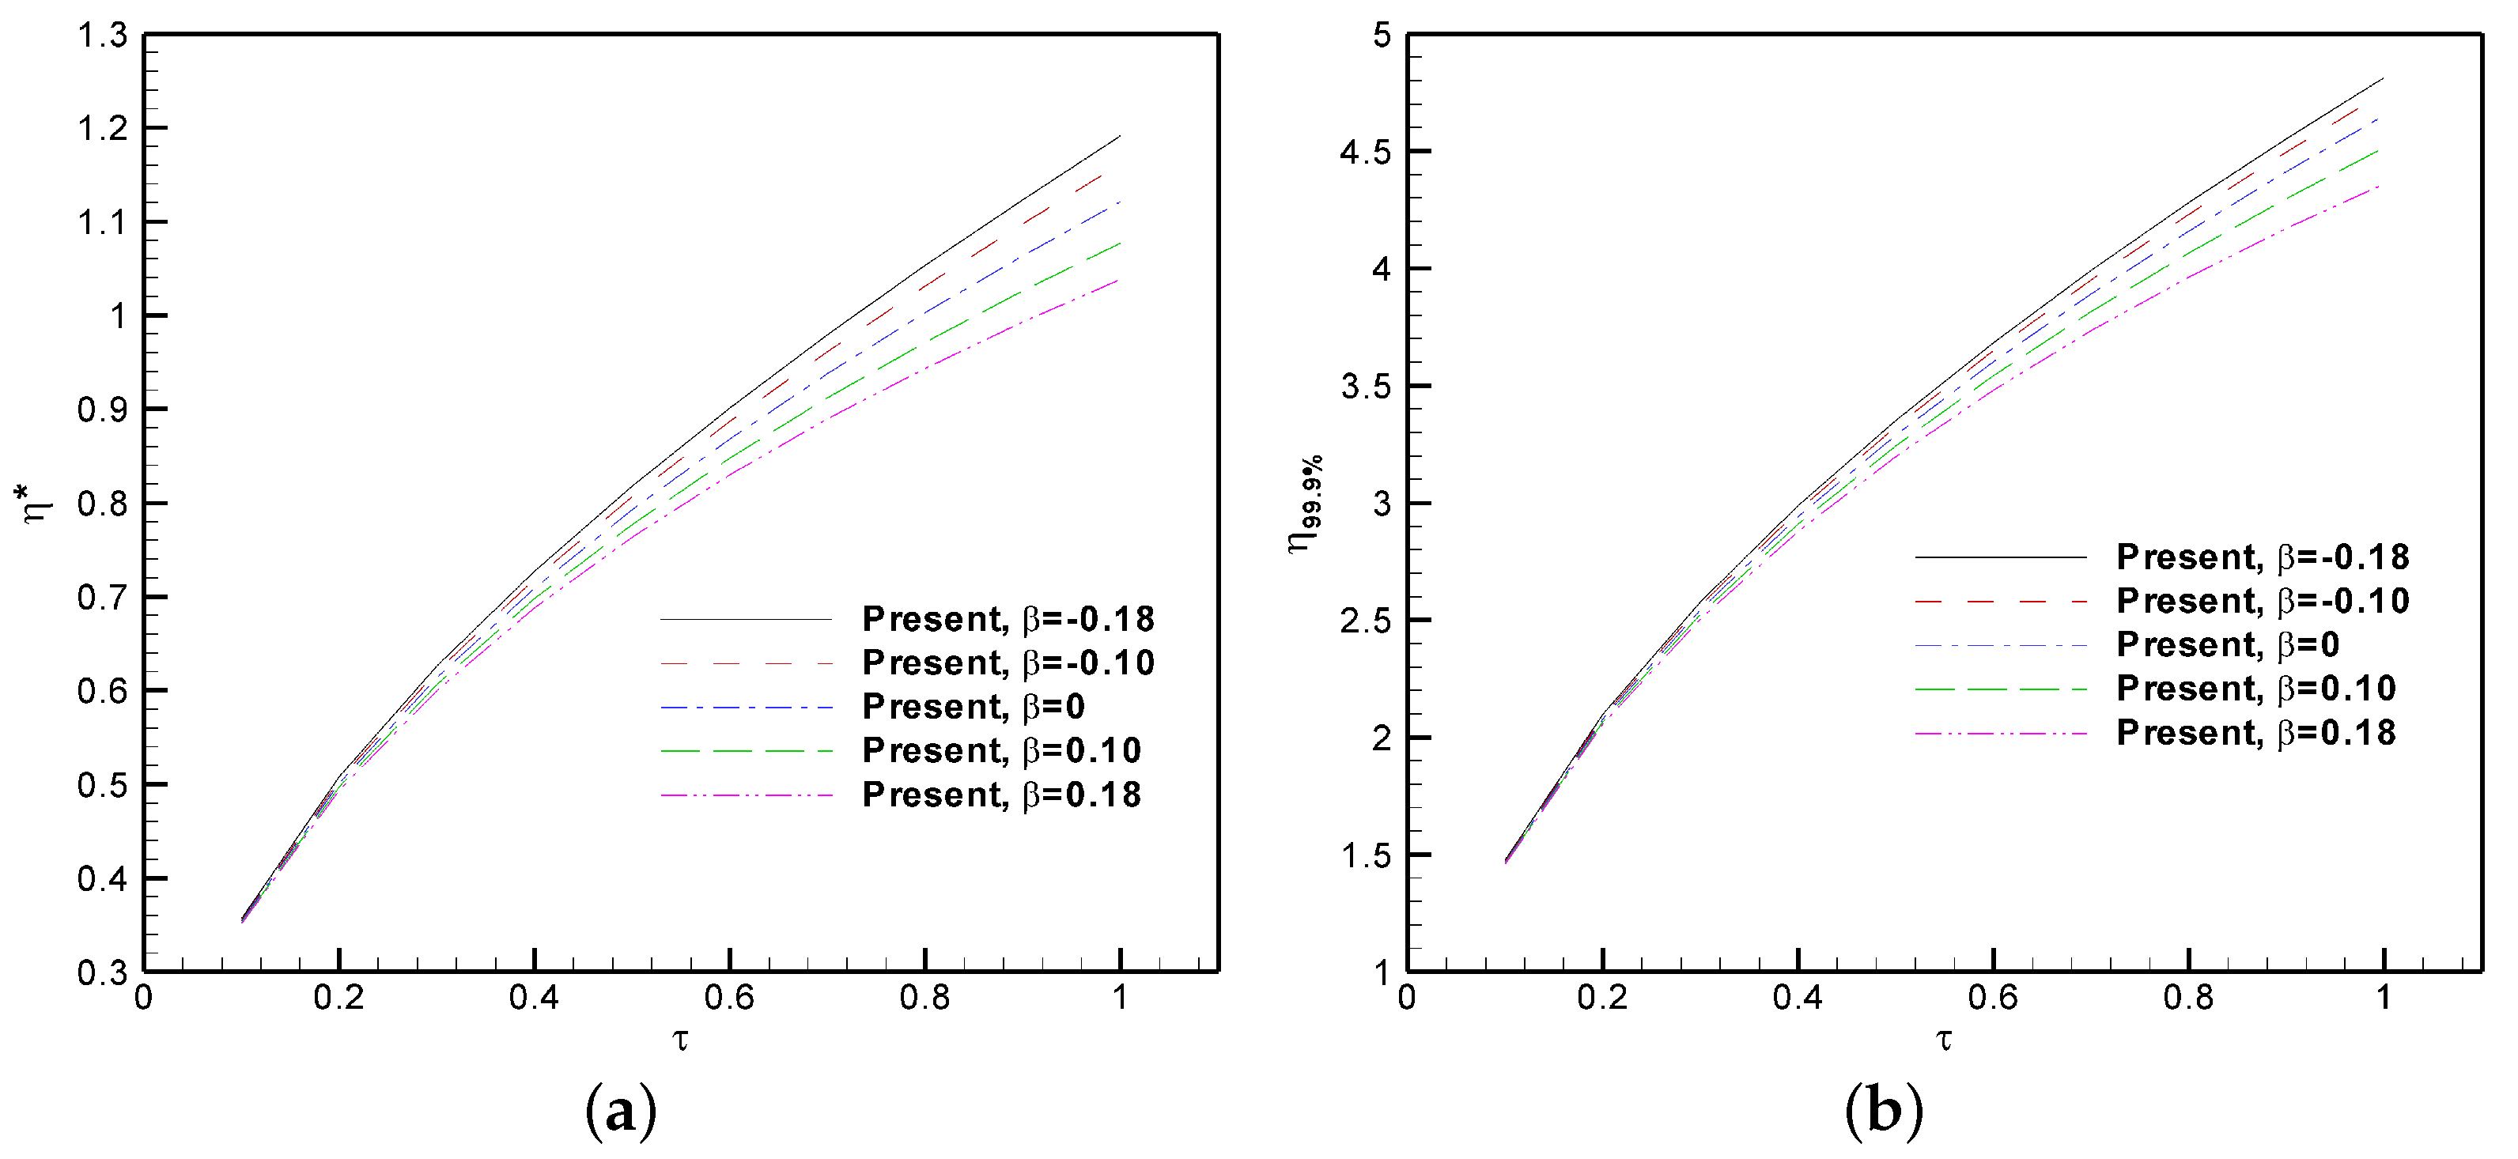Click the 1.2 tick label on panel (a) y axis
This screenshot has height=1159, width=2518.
tap(103, 128)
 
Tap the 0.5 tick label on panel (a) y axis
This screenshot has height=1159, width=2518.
tap(103, 785)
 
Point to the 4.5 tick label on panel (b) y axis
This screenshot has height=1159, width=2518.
tap(1366, 153)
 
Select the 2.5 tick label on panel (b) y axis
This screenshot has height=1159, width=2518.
tap(1366, 621)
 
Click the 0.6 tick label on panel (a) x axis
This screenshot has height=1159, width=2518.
tap(729, 998)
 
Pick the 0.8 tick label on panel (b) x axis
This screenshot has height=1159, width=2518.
tap(2187, 998)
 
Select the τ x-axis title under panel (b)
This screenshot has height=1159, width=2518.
tap(1944, 1040)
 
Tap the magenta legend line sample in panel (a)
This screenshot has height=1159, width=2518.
tap(746, 795)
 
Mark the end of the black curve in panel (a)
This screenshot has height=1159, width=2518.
tap(1119, 137)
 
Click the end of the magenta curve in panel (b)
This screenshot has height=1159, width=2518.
tap(2383, 186)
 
